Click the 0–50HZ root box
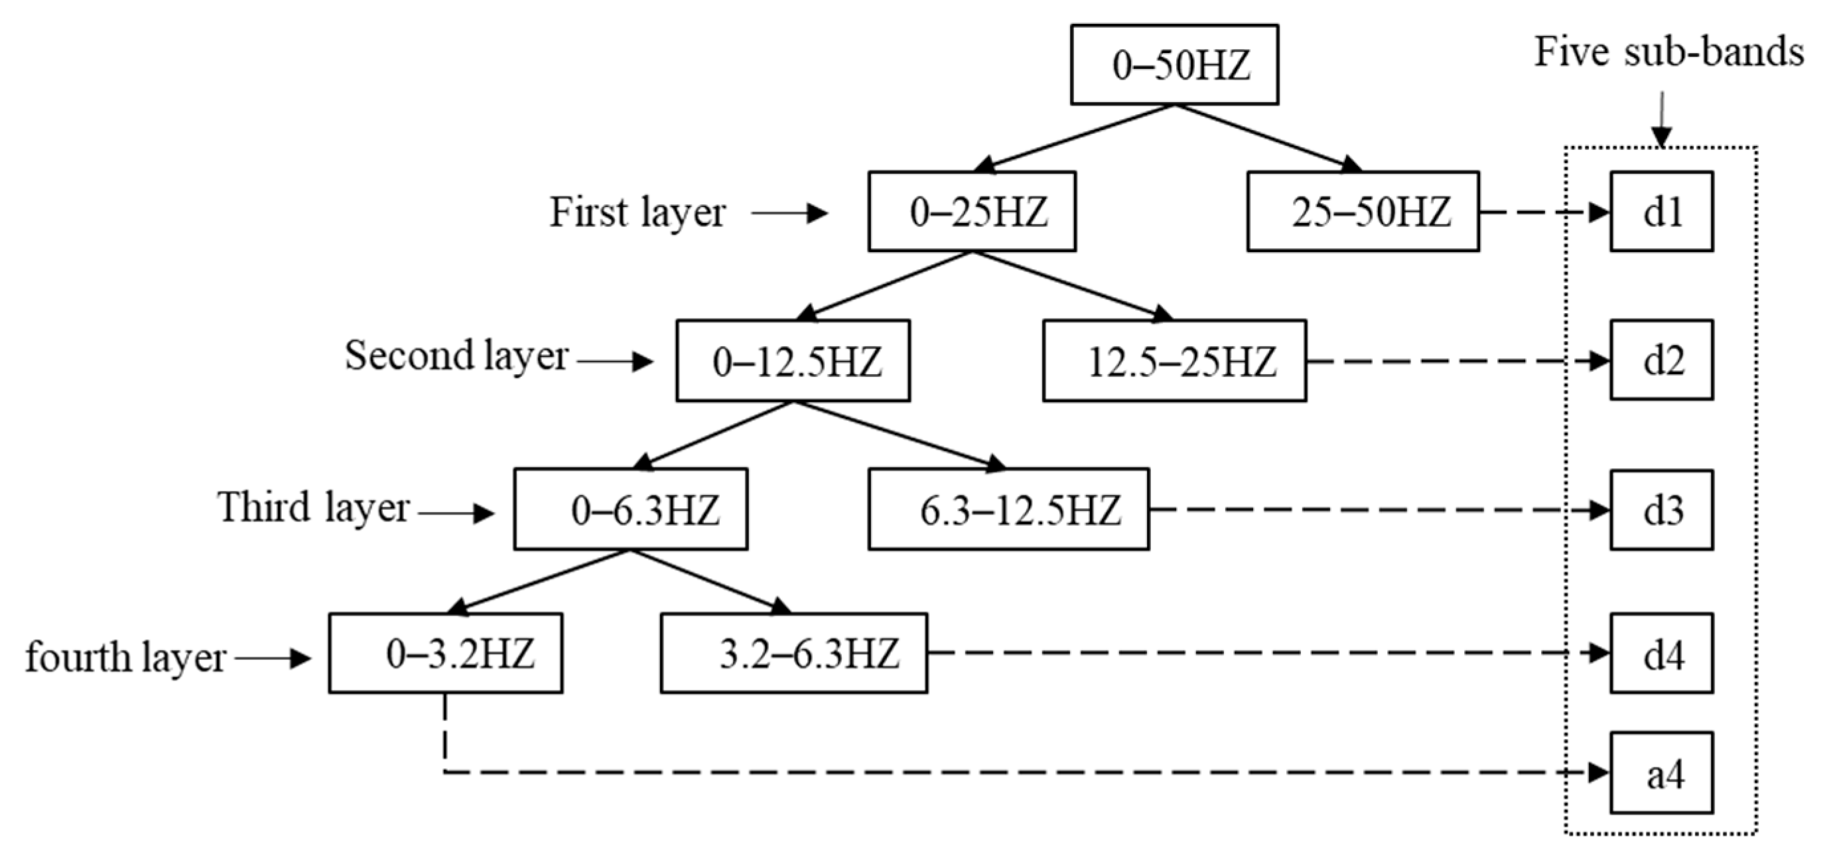point(1174,64)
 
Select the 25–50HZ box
point(1363,211)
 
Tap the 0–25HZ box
point(971,211)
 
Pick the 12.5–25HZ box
point(1174,361)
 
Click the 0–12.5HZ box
point(793,361)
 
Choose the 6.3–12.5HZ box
point(1008,509)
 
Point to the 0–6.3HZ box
point(630,509)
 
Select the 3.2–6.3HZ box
point(793,653)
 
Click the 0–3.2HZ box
point(446,653)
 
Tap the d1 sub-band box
point(1661,211)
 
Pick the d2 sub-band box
point(1661,360)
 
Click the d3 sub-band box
point(1661,509)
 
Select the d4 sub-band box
point(1661,653)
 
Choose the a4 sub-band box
point(1661,773)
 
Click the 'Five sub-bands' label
point(1668,52)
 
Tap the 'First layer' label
point(638,212)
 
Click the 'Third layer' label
point(313,507)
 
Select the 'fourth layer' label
point(125,657)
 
